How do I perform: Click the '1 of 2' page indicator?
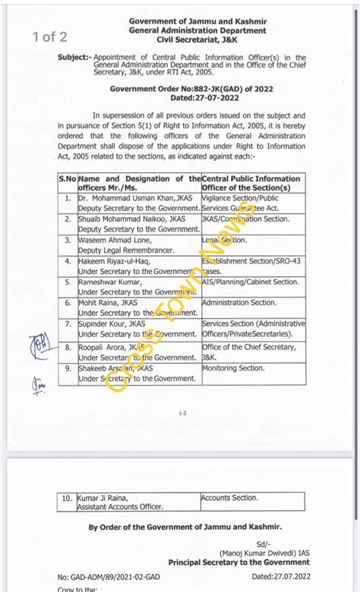[x=49, y=36]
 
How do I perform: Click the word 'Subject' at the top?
[x=74, y=58]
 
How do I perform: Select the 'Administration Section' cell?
[x=239, y=303]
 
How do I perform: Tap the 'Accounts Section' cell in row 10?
[x=230, y=498]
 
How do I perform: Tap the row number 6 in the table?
[x=68, y=303]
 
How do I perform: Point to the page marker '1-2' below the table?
[x=182, y=414]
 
